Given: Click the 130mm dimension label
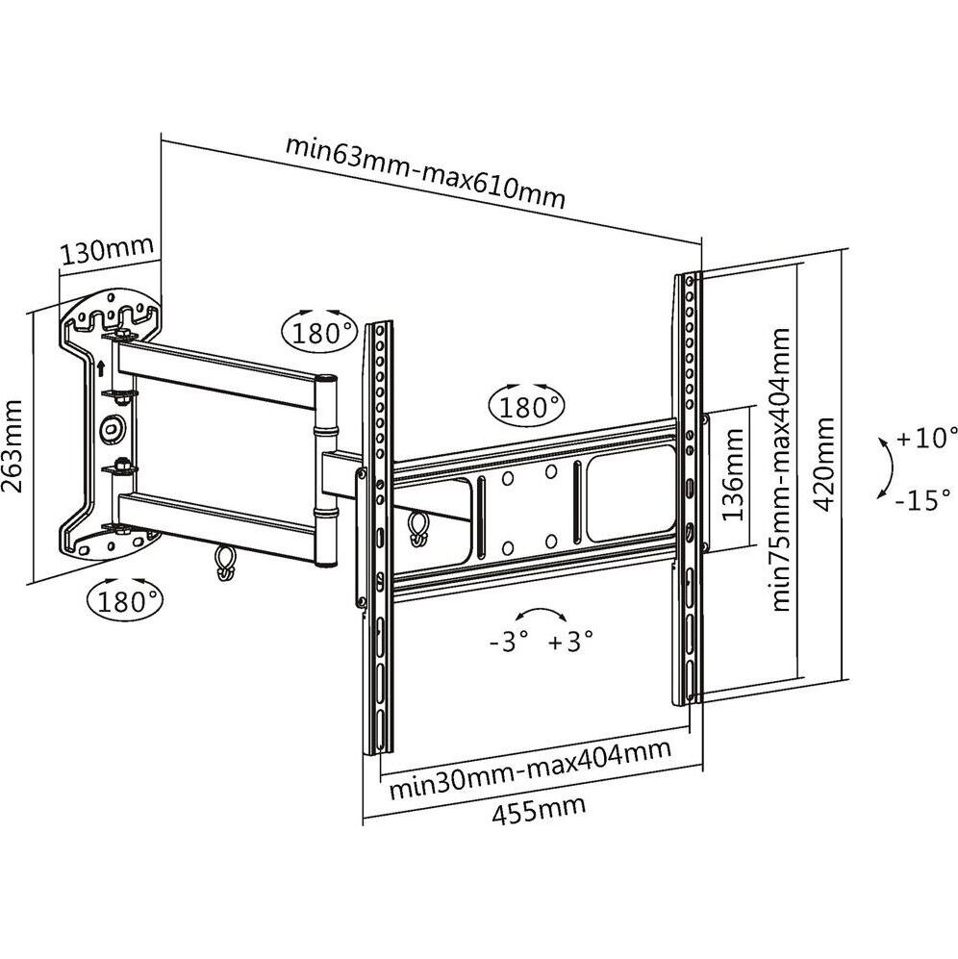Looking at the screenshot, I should (106, 252).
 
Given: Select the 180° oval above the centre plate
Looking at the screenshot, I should (527, 404).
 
